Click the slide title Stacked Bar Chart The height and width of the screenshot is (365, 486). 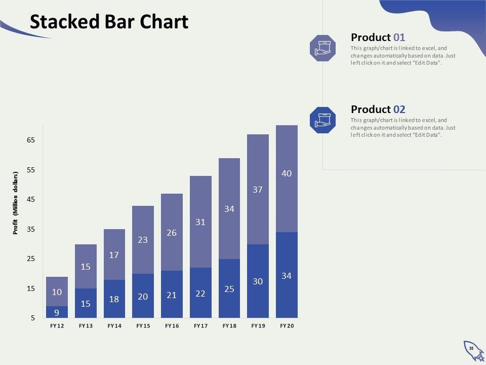(109, 22)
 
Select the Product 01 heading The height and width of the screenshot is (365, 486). (378, 37)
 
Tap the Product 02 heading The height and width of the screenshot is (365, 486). (378, 109)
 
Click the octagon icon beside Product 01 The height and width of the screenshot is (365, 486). (322, 48)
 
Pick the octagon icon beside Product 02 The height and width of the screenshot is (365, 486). (322, 120)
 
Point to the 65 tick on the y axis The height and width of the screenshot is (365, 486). (31, 140)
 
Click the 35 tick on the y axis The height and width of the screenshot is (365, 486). (31, 229)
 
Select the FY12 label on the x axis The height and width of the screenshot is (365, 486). (57, 326)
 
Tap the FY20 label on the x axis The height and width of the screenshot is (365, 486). (287, 326)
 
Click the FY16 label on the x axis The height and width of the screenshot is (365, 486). (172, 326)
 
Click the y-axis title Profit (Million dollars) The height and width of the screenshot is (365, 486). (16, 203)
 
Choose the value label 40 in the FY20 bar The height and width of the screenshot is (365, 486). (287, 173)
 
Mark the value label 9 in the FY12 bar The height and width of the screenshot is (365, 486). (57, 313)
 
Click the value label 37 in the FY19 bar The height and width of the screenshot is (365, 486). (258, 190)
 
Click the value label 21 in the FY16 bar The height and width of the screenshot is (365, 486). (172, 295)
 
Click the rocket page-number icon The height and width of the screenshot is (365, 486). (472, 350)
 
